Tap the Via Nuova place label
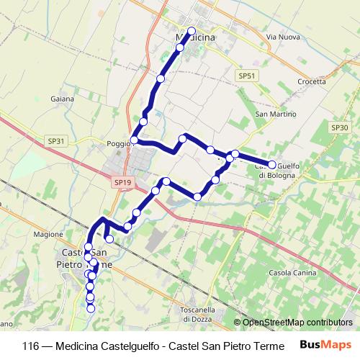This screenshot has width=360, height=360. [282, 36]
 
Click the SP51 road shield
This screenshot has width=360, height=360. [247, 75]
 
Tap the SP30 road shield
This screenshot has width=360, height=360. [339, 127]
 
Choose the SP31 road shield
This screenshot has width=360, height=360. [55, 141]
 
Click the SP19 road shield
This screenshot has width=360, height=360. [122, 183]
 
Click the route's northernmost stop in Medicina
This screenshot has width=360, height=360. [192, 31]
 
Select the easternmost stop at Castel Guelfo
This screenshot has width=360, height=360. [272, 165]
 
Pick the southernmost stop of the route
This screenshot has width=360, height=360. [91, 309]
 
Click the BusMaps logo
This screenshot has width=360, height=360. [326, 344]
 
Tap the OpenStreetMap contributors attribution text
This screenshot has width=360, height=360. [297, 323]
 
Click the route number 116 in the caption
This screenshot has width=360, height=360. [31, 345]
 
